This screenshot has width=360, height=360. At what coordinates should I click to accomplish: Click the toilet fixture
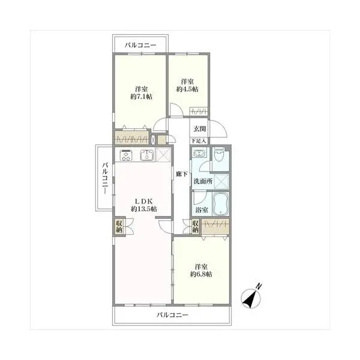click(219, 157)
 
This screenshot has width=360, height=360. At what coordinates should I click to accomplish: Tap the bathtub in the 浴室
click(220, 205)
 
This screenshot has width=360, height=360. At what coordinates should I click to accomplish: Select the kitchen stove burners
click(127, 156)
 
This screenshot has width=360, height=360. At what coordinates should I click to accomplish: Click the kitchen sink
click(147, 156)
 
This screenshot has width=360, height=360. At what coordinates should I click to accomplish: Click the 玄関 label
click(199, 129)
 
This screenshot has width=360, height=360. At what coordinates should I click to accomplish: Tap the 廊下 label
click(180, 174)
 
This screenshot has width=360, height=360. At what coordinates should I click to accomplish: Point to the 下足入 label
click(199, 141)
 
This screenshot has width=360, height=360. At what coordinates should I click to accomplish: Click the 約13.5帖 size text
click(144, 209)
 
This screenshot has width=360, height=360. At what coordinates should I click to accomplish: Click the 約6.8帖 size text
click(201, 274)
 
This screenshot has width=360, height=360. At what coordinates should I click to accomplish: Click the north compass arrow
click(253, 295)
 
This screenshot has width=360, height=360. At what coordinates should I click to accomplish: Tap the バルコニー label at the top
click(140, 45)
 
